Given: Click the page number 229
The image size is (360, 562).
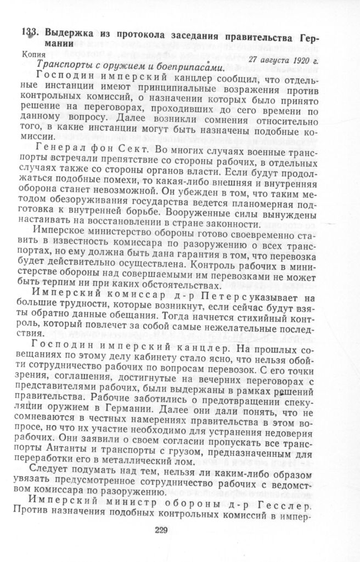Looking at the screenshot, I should click(x=161, y=530).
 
